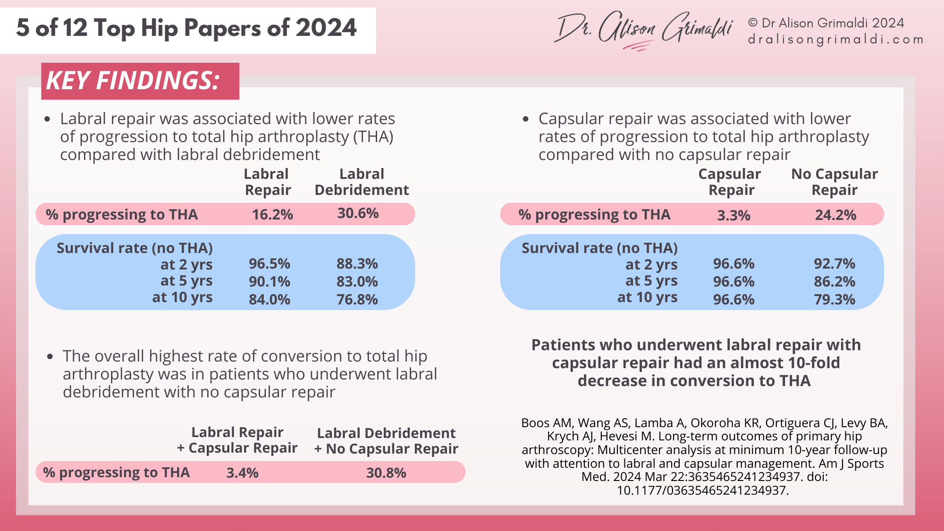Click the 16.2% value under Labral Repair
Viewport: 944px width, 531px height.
tap(272, 215)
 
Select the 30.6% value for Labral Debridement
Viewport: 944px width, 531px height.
tap(358, 213)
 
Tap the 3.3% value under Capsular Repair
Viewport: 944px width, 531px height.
tap(733, 215)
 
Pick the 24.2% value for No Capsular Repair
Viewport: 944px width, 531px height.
tap(835, 215)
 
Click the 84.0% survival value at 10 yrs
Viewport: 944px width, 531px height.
tap(270, 299)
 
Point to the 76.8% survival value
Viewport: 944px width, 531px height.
tap(357, 299)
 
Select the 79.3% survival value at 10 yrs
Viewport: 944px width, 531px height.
tap(834, 299)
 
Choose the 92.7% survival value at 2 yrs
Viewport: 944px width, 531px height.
tap(834, 263)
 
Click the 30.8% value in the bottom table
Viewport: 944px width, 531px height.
tap(386, 473)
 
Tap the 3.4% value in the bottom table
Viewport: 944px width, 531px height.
tap(242, 473)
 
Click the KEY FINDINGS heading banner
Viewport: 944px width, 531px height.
tap(140, 81)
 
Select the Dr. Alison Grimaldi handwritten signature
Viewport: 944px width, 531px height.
tap(643, 29)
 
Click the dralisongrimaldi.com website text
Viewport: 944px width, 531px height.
tap(835, 40)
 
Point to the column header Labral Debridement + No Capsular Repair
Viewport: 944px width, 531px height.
tap(386, 441)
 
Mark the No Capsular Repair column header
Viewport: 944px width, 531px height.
tap(834, 182)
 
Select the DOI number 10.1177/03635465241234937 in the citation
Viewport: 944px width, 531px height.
tap(702, 490)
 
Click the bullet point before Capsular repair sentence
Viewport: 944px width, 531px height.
tap(526, 119)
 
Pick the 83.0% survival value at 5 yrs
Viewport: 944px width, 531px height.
tap(357, 282)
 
